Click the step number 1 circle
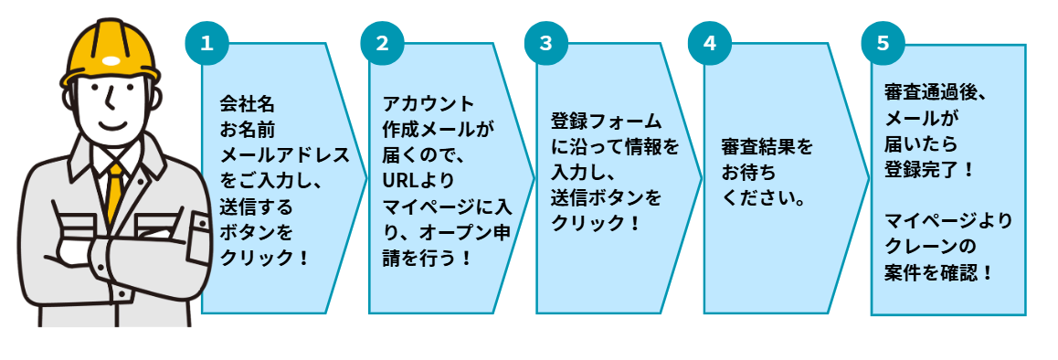pos(206,42)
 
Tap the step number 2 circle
pos(382,42)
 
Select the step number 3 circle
pos(545,42)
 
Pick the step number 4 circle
pos(710,42)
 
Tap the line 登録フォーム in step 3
pos(606,122)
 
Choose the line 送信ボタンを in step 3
pos(606,197)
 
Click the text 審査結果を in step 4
pos(767,147)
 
